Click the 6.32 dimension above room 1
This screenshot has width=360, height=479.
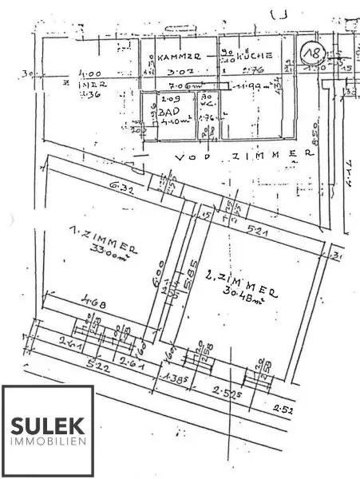click(x=120, y=185)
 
